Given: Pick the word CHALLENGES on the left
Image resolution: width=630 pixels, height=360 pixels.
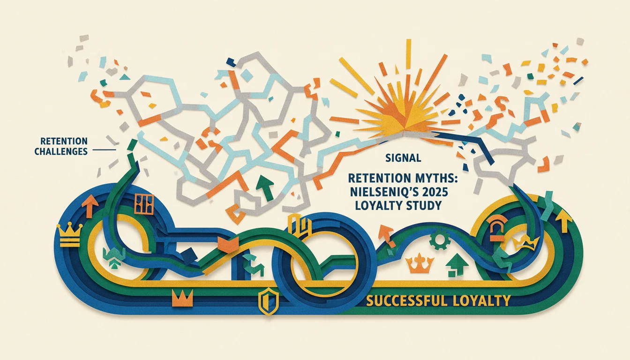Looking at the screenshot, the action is pos(61,151).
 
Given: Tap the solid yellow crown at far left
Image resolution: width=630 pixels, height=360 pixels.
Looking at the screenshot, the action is pos(69,236).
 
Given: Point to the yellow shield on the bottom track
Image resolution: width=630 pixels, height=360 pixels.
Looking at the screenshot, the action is pos(266,301).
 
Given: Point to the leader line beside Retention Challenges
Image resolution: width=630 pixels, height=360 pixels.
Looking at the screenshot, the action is pos(104,150).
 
